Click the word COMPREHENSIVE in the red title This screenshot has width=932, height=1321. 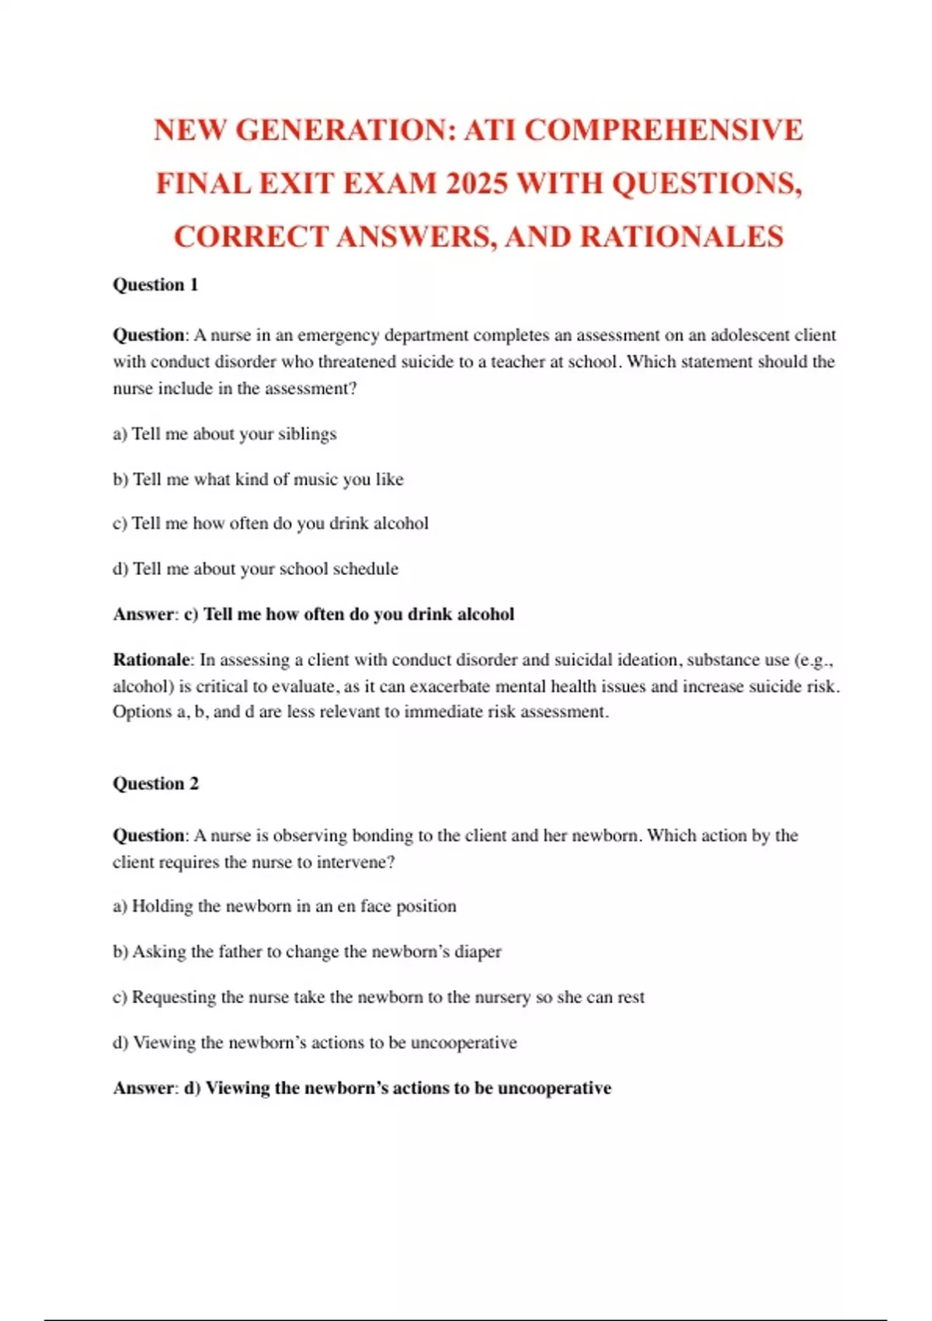[663, 130]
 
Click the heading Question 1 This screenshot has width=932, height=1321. [155, 284]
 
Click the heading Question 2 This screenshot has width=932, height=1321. [155, 783]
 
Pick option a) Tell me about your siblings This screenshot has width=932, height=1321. [224, 434]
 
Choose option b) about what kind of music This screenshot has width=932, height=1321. [258, 479]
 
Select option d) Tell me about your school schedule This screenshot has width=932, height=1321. [256, 569]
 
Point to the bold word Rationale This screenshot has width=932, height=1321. [151, 660]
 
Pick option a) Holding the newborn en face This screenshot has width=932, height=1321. [284, 906]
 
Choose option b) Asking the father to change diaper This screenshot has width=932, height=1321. [307, 951]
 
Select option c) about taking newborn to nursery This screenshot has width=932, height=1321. [378, 997]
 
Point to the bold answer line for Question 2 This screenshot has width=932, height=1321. [362, 1088]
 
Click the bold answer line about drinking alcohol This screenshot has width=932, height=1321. [314, 614]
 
